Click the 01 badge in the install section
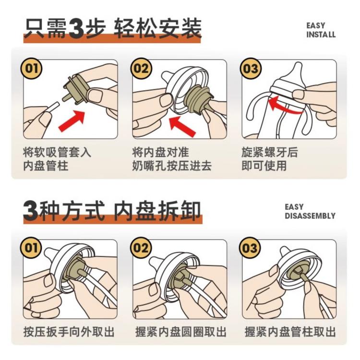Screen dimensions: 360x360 [x=31, y=68]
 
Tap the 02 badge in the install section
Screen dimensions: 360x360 [x=141, y=68]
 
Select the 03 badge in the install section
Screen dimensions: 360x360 [x=251, y=68]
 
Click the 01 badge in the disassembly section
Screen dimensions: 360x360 [x=31, y=248]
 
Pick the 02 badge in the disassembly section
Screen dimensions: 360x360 [x=141, y=248]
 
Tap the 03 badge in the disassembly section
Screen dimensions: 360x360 [x=251, y=248]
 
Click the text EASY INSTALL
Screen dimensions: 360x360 [x=321, y=30]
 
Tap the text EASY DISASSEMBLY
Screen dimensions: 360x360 [x=310, y=211]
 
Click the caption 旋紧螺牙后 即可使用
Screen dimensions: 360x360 [x=269, y=159]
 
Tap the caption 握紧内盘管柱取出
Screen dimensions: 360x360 [x=289, y=332]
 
